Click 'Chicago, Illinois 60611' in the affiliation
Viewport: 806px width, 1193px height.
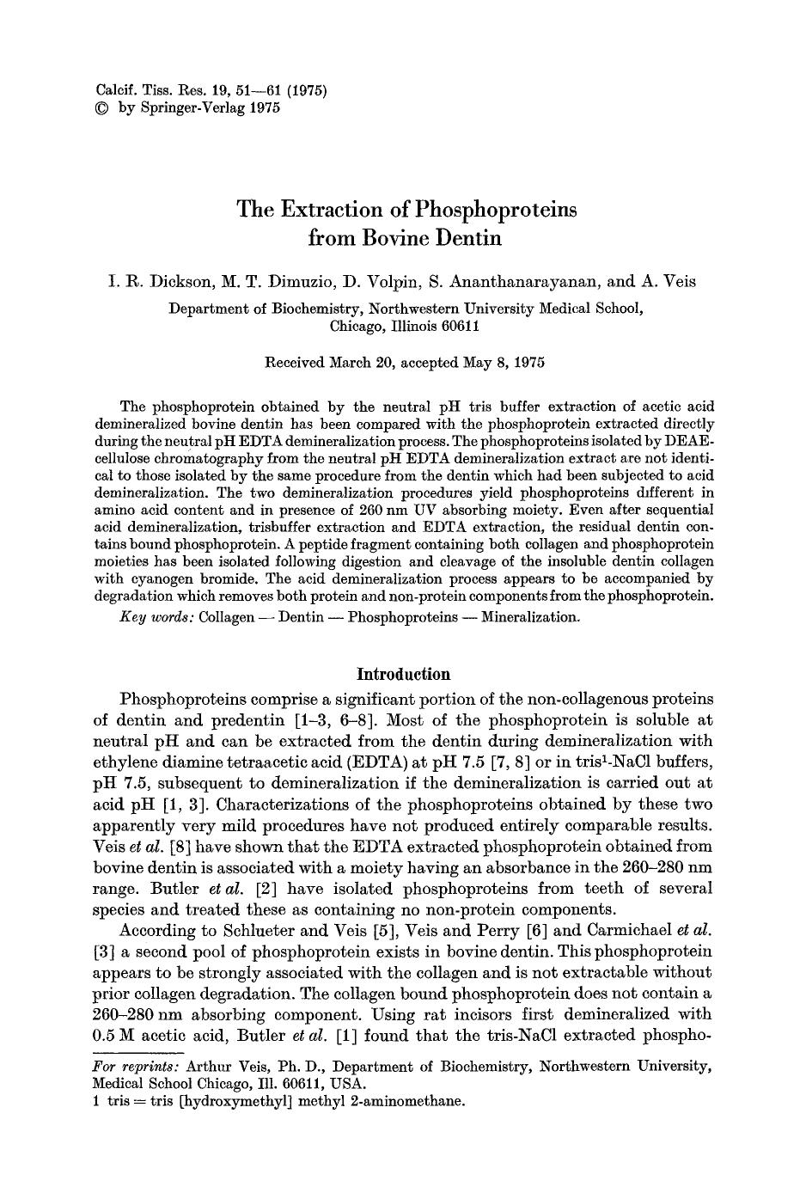(x=404, y=326)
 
